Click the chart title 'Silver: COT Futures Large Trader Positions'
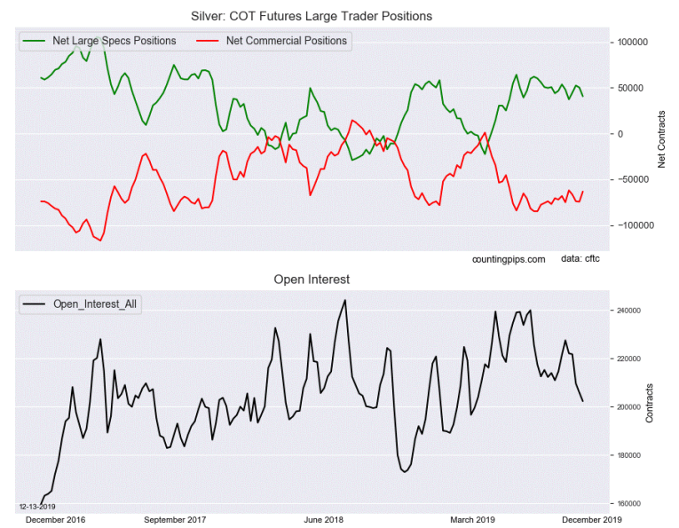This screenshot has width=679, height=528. pos(317,16)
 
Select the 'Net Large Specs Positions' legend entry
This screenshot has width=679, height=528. pos(114,41)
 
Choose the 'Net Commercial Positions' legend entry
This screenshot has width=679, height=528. pos(287,41)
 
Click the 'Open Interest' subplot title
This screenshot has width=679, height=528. pos(311,280)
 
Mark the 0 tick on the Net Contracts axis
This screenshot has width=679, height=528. pos(621,134)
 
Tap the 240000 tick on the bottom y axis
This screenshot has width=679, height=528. pos(630,311)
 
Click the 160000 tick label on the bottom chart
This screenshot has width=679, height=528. pos(630,503)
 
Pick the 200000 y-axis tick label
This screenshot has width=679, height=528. pos(630,407)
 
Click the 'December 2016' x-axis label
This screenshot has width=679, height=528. pos(55,519)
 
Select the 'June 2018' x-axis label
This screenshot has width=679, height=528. pos(324,519)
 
